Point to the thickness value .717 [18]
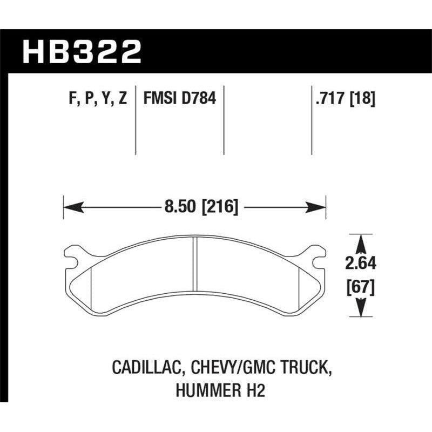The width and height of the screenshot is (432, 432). (343, 99)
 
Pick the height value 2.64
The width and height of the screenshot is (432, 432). (359, 264)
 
